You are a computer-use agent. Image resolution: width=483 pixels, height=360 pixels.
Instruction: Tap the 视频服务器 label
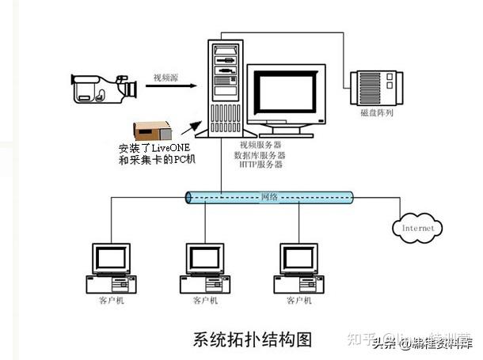(x=262, y=145)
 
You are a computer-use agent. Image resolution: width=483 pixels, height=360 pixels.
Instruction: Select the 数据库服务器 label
(x=262, y=155)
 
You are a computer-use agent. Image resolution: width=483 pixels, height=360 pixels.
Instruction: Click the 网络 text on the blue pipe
(x=269, y=196)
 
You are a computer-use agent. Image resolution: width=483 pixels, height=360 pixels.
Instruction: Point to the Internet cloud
(x=417, y=228)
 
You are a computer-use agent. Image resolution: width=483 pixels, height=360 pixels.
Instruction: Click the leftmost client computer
(x=111, y=268)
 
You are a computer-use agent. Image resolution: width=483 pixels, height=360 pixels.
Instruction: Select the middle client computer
(x=205, y=268)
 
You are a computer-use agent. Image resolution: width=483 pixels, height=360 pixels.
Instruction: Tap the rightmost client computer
(x=299, y=268)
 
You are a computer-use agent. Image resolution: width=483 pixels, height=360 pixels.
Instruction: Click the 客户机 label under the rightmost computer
(x=299, y=301)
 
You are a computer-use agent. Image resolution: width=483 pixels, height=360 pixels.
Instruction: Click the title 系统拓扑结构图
(x=252, y=339)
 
